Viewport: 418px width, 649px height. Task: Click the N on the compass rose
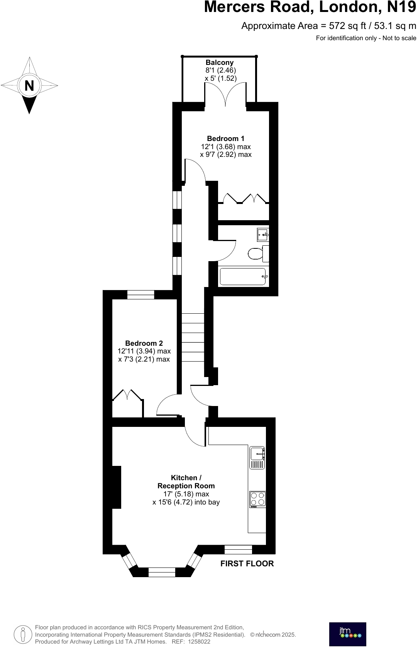click(x=29, y=85)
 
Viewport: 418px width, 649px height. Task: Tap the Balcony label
click(x=219, y=63)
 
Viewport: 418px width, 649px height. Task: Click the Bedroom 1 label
click(x=225, y=138)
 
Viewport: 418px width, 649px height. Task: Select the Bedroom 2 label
click(x=144, y=343)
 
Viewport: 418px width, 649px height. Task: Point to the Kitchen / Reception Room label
click(x=186, y=482)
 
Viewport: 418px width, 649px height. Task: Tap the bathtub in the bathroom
click(x=243, y=277)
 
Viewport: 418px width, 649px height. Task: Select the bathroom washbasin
click(x=263, y=234)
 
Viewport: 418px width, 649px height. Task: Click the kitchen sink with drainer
click(x=257, y=457)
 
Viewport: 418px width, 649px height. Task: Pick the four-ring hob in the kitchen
click(x=257, y=499)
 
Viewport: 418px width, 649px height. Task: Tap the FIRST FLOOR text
click(x=247, y=564)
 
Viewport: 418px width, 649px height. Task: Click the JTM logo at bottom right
click(x=347, y=634)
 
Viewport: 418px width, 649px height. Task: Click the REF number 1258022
click(x=199, y=642)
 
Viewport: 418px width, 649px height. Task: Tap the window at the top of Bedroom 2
click(x=140, y=295)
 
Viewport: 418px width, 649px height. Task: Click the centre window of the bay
click(x=162, y=572)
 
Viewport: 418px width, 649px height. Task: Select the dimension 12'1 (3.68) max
click(x=226, y=147)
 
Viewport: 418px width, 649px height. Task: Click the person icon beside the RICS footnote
click(x=23, y=634)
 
